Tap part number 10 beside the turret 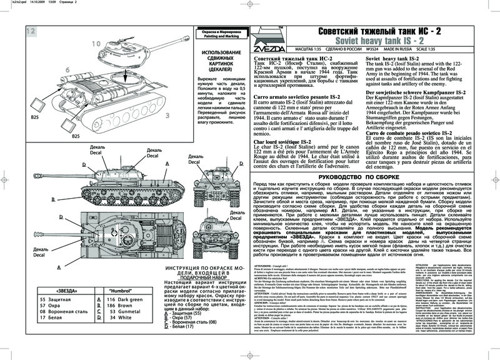[95, 43]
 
